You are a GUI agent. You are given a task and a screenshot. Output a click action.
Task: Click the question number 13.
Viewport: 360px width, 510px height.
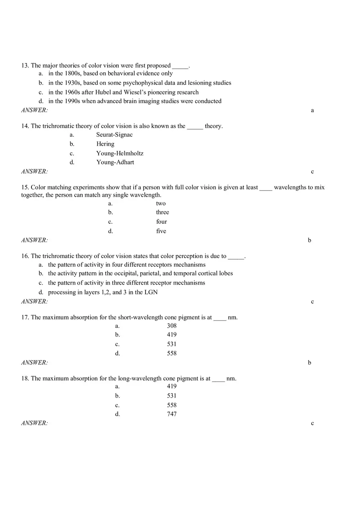click(x=25, y=65)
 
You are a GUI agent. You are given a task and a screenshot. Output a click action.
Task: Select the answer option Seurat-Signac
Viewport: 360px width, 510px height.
click(x=115, y=135)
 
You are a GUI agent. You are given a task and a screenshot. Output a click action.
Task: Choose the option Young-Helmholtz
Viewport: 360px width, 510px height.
click(x=120, y=153)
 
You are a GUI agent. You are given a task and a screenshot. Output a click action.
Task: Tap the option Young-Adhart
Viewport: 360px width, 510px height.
click(x=115, y=162)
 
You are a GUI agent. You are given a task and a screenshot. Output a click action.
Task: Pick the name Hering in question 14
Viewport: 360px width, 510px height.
click(x=106, y=144)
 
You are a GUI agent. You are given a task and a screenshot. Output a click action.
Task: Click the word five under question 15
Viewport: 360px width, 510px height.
click(x=161, y=231)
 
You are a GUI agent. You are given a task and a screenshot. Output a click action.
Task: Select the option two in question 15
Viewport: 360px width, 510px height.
click(x=161, y=203)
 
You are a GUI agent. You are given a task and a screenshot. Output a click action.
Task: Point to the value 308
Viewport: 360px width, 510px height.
click(x=172, y=326)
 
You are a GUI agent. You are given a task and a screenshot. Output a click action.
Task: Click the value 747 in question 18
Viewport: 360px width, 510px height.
click(x=172, y=414)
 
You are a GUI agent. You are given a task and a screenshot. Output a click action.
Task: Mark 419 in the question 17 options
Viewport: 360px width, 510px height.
click(x=172, y=335)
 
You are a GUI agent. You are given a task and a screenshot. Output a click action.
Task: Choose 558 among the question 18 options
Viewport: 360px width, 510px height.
click(x=172, y=405)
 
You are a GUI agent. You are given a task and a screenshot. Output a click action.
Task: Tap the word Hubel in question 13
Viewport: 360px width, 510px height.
click(x=103, y=92)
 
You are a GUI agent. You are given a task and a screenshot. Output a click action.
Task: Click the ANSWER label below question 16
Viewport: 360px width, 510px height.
click(x=34, y=301)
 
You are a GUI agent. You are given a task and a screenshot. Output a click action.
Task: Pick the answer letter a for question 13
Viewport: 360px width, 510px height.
click(x=313, y=110)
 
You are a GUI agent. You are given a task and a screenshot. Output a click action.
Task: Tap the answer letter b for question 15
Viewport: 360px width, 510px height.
click(x=310, y=240)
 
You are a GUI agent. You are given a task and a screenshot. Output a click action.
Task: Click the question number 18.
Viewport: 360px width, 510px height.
click(x=25, y=378)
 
